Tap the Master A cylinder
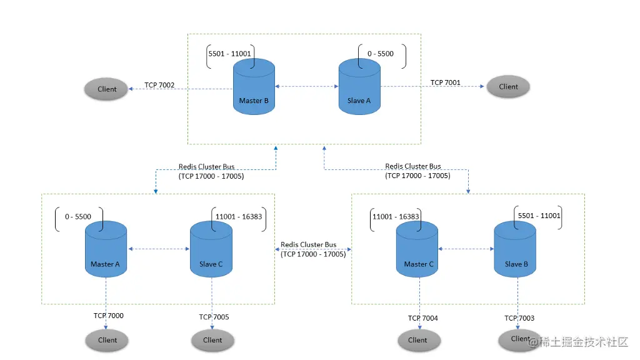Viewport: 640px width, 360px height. tap(106, 250)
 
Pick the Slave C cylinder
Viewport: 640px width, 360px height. tap(211, 250)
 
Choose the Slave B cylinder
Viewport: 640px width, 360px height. tap(516, 250)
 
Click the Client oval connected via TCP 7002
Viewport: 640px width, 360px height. tap(107, 89)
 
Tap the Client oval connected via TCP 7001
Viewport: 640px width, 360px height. tap(508, 86)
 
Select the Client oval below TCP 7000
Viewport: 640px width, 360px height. tap(107, 340)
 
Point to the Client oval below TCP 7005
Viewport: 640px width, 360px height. tap(212, 340)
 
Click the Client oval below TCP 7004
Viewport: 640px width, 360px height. tap(417, 340)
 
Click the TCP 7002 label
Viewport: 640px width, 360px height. tap(159, 85)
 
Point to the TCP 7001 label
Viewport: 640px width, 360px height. tap(445, 82)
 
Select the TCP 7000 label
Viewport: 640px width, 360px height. tap(108, 316)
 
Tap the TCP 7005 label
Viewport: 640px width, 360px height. tap(214, 317)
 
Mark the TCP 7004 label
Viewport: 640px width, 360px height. tap(423, 318)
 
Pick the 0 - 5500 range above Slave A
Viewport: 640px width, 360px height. tap(380, 54)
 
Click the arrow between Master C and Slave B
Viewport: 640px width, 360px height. tap(466, 249)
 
